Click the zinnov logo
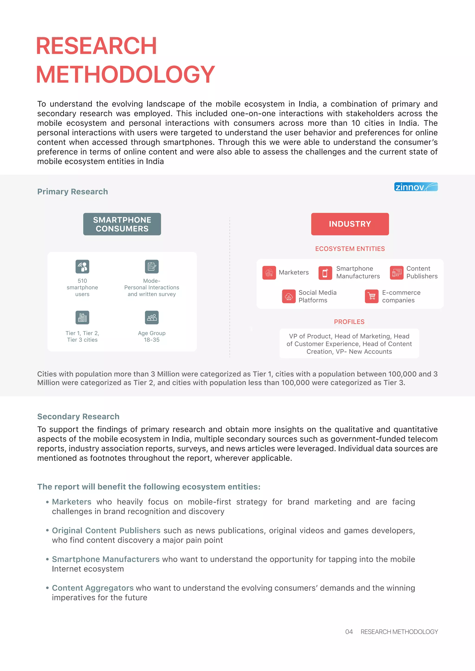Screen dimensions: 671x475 pyautogui.click(x=416, y=187)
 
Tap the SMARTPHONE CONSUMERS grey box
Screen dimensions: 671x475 pyautogui.click(x=122, y=224)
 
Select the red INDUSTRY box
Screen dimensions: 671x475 pyautogui.click(x=350, y=224)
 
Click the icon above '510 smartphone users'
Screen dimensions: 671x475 pyautogui.click(x=82, y=267)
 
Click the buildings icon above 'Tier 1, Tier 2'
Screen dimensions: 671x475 pyautogui.click(x=82, y=317)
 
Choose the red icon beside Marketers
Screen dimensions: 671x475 pyautogui.click(x=269, y=272)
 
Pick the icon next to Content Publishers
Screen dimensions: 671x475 pyautogui.click(x=396, y=272)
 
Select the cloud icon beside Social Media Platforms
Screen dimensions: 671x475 pyautogui.click(x=289, y=297)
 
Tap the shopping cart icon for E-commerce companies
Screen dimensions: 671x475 pyautogui.click(x=372, y=297)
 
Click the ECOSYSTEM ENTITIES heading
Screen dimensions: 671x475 pyautogui.click(x=350, y=249)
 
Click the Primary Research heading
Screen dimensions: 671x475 pyautogui.click(x=73, y=192)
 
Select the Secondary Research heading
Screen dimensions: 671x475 pyautogui.click(x=78, y=416)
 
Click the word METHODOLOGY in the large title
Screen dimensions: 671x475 pyautogui.click(x=125, y=75)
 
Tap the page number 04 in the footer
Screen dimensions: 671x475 pyautogui.click(x=349, y=632)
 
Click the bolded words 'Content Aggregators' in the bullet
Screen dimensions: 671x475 pyautogui.click(x=93, y=588)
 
